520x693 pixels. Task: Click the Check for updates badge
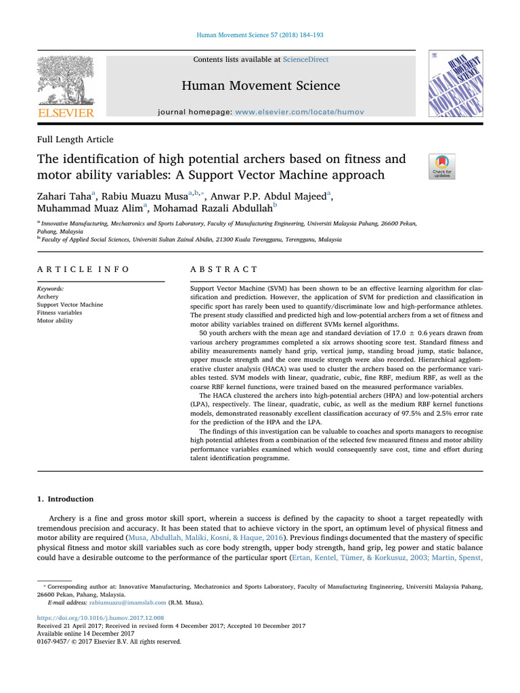point(442,166)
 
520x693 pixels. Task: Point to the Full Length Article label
point(75,139)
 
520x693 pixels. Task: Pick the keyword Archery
point(49,296)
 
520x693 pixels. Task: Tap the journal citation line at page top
point(260,36)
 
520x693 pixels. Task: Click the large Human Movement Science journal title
point(260,86)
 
